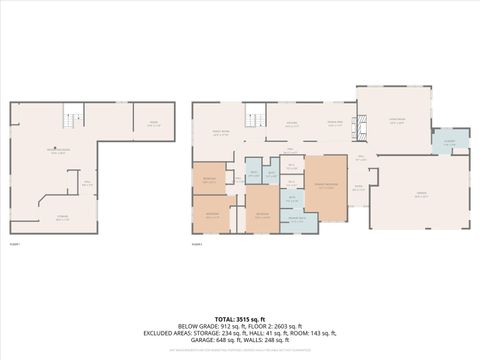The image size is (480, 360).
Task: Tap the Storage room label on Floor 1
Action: pos(62,219)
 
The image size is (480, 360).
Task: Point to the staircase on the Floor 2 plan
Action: pos(256,114)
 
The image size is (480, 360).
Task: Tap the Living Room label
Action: pos(395,122)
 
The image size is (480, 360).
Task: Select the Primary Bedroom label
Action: pos(325,187)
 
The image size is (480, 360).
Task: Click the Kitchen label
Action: pos(293,123)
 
